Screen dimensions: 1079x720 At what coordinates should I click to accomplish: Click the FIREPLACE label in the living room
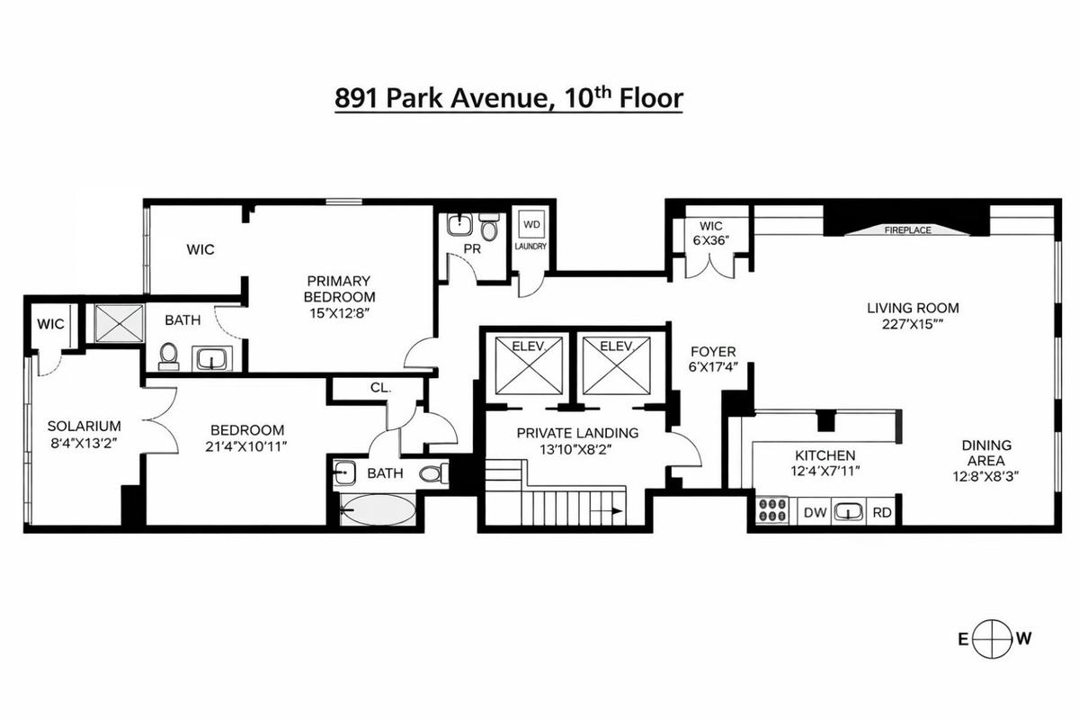coord(907,230)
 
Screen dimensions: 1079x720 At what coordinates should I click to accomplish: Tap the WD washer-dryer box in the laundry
coord(531,224)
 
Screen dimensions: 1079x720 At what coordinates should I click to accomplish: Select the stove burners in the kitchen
coord(771,509)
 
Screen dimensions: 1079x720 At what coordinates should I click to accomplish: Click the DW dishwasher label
coord(815,512)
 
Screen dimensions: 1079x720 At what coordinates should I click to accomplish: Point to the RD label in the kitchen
coord(882,512)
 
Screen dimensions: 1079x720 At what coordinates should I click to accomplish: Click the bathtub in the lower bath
coord(379,509)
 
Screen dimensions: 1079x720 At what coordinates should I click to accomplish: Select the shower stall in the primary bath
coord(119,323)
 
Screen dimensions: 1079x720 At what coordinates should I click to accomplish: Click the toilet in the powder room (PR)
coord(489,228)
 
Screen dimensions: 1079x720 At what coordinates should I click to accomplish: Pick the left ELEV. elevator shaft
coord(529,365)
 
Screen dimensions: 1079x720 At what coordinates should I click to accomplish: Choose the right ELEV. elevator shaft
coord(616,365)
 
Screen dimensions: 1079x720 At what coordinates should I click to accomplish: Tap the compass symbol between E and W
coord(992,639)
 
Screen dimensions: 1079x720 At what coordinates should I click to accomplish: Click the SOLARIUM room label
coord(85,426)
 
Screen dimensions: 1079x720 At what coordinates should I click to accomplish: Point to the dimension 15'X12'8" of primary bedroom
coord(339,313)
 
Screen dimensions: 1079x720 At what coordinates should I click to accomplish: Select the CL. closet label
coord(380,387)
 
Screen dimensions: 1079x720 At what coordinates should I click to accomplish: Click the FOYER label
coord(713,351)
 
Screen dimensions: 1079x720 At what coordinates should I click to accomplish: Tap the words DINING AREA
coord(985,453)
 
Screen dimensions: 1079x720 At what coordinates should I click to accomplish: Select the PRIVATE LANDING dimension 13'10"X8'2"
coord(577,449)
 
